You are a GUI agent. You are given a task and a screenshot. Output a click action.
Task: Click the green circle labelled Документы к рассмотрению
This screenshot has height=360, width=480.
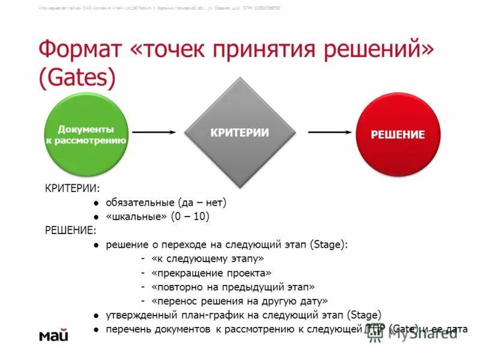(x=86, y=135)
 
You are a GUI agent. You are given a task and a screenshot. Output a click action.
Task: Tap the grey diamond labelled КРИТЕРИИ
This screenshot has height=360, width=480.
(x=239, y=133)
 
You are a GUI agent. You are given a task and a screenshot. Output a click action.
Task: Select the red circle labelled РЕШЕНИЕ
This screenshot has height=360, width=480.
(x=397, y=134)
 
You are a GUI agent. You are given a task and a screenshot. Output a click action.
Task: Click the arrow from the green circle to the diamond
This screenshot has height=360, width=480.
(x=154, y=131)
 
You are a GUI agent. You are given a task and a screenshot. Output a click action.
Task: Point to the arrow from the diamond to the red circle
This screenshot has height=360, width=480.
(x=329, y=131)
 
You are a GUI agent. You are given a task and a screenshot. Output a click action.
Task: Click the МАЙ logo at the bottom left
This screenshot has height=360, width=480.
(x=54, y=335)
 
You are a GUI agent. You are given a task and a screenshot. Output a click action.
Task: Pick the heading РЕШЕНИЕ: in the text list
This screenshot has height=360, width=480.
(x=70, y=230)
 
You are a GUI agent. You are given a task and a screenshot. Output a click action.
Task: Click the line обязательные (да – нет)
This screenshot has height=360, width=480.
(x=166, y=203)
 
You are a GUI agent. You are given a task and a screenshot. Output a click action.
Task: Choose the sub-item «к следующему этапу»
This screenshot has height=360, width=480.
(x=208, y=258)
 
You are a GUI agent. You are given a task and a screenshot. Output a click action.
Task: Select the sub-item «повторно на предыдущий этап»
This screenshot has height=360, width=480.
(x=233, y=287)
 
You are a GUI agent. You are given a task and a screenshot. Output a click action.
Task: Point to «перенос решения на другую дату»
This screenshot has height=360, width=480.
(x=239, y=301)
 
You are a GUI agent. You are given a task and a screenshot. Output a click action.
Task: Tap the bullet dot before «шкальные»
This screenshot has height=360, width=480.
(x=95, y=217)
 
